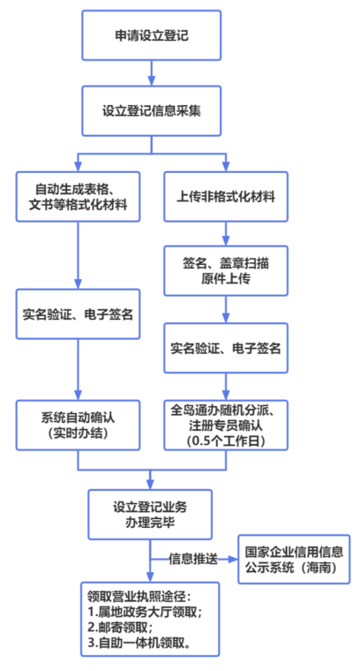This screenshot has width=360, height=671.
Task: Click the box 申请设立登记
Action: pyautogui.click(x=152, y=35)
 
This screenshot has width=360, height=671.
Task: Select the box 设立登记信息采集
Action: pyautogui.click(x=152, y=111)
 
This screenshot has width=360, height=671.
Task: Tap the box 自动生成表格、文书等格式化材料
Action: pyautogui.click(x=78, y=196)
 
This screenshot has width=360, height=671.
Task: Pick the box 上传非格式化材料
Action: pyautogui.click(x=226, y=196)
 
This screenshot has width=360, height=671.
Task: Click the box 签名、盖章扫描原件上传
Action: pyautogui.click(x=226, y=270)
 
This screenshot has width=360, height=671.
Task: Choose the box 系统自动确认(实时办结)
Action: pyautogui.click(x=78, y=425)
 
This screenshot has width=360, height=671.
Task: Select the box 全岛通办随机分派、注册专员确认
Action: pyautogui.click(x=226, y=425)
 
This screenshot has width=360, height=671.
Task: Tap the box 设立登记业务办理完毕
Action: pyautogui.click(x=150, y=515)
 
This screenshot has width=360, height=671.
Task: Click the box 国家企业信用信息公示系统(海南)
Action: pyautogui.click(x=294, y=559)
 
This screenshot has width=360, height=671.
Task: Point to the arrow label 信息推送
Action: pyautogui.click(x=193, y=559)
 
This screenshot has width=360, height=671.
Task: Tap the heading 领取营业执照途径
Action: pyautogui.click(x=139, y=597)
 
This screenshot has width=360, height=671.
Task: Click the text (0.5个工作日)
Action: pyautogui.click(x=226, y=441)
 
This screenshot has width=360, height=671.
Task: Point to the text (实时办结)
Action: pyautogui.click(x=78, y=434)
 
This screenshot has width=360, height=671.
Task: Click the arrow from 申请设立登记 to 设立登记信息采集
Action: pyautogui.click(x=152, y=72)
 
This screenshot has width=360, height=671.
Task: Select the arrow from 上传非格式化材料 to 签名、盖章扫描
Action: pyautogui.click(x=226, y=234)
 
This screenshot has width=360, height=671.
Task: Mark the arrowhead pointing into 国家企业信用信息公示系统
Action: pyautogui.click(x=234, y=559)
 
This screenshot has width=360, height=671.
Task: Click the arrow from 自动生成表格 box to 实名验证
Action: pyautogui.click(x=78, y=255)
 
